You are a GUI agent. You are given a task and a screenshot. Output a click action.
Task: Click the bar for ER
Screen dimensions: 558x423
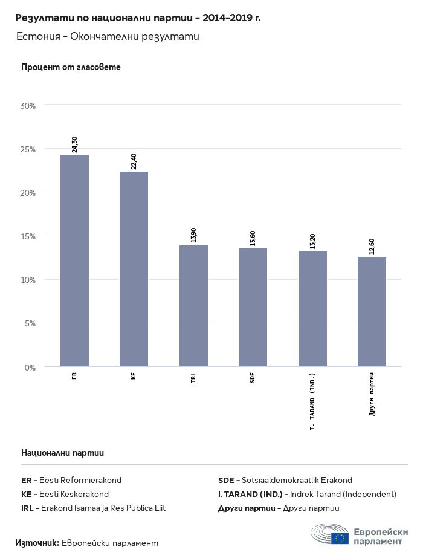click(74, 261)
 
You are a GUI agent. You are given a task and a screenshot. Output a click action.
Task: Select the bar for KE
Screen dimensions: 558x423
click(134, 269)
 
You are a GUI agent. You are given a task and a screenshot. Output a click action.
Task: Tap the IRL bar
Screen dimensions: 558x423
click(193, 306)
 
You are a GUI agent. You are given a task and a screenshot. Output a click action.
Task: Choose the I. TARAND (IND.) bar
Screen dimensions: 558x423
click(312, 309)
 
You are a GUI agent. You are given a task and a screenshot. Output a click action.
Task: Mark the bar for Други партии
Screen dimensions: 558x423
click(372, 311)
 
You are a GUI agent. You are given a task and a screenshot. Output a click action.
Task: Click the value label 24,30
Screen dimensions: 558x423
click(74, 144)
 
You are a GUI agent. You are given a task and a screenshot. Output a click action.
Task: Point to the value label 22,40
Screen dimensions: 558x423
click(134, 161)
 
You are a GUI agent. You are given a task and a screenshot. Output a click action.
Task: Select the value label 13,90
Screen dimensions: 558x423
click(193, 235)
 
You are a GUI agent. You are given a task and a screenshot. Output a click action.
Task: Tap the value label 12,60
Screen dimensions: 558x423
click(372, 246)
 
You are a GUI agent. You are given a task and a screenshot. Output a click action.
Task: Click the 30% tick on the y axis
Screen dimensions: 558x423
click(28, 106)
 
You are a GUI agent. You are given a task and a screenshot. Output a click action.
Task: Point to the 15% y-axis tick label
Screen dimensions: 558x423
click(28, 236)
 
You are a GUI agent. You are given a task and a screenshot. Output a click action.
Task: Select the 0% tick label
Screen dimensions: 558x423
click(30, 367)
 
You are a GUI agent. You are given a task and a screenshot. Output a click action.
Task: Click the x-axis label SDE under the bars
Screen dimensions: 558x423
click(253, 377)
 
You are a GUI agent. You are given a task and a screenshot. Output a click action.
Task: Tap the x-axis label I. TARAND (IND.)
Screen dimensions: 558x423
click(312, 401)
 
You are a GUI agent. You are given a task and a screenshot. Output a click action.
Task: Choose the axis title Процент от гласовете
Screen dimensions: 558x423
click(71, 67)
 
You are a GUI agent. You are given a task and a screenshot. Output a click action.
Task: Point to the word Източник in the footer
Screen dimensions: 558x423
click(37, 543)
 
